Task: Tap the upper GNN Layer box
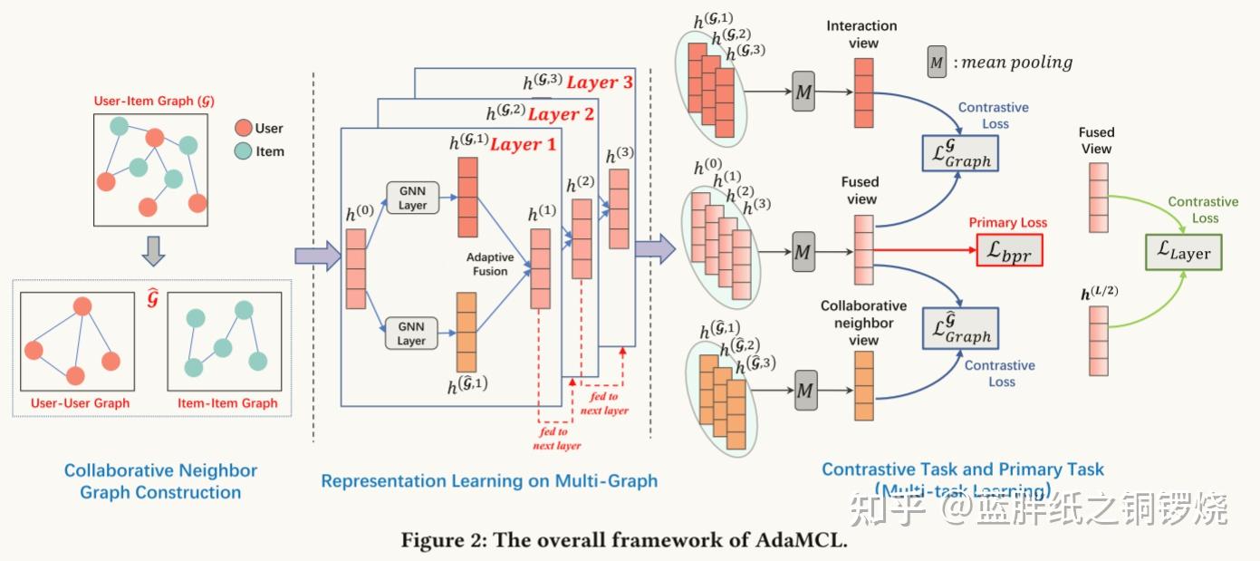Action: click(411, 198)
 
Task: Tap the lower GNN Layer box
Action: click(411, 334)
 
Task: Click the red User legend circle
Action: click(243, 129)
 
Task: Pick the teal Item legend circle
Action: click(243, 151)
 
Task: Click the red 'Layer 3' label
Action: click(601, 82)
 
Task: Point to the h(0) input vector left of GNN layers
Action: click(355, 269)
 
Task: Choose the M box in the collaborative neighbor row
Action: click(806, 390)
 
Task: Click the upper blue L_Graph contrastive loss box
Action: click(959, 154)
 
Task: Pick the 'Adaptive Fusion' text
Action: click(490, 264)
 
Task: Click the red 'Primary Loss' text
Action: click(1007, 223)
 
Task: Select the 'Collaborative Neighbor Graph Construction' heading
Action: click(160, 481)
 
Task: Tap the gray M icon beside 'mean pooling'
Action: click(937, 63)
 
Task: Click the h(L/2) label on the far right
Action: click(1098, 294)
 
